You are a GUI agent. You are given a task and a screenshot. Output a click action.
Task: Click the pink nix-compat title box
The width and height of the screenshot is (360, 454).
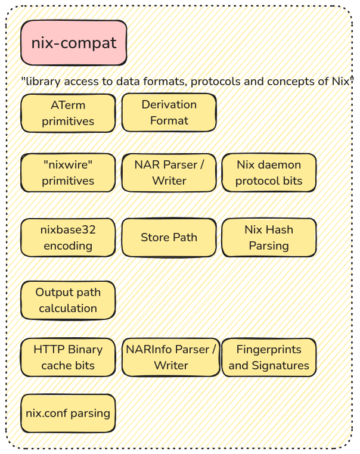(x=74, y=43)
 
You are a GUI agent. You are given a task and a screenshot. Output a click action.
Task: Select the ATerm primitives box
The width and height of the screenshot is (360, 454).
(x=68, y=113)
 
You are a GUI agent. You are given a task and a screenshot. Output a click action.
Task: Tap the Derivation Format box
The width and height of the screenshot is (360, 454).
(x=169, y=113)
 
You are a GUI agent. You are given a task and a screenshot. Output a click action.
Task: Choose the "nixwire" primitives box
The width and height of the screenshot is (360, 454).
(x=68, y=173)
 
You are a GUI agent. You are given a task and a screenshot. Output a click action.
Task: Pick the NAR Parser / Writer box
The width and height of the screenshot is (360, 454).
(x=169, y=173)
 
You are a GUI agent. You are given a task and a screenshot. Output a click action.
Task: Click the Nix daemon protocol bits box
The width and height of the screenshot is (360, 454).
(x=269, y=173)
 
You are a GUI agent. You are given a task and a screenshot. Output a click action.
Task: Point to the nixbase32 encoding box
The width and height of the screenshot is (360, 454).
(x=68, y=237)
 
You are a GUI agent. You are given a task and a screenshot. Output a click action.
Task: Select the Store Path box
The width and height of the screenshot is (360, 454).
(x=169, y=237)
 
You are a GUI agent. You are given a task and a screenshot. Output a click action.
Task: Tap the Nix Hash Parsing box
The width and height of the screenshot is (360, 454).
(x=269, y=237)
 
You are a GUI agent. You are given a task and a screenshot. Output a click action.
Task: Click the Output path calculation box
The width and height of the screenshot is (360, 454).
(x=68, y=300)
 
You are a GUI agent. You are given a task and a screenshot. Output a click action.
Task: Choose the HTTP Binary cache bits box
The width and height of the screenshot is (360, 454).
(x=68, y=357)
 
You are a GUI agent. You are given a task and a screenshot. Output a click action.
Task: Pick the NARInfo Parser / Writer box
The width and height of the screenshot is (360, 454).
(x=170, y=357)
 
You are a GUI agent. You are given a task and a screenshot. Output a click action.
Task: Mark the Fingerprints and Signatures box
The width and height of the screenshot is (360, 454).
(x=269, y=357)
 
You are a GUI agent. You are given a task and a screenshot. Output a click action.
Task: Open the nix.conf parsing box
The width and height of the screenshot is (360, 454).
(x=68, y=413)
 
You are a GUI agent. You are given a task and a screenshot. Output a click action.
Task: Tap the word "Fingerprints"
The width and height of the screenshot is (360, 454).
(x=269, y=350)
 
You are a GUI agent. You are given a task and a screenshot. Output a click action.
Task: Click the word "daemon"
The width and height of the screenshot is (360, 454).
(x=280, y=165)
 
